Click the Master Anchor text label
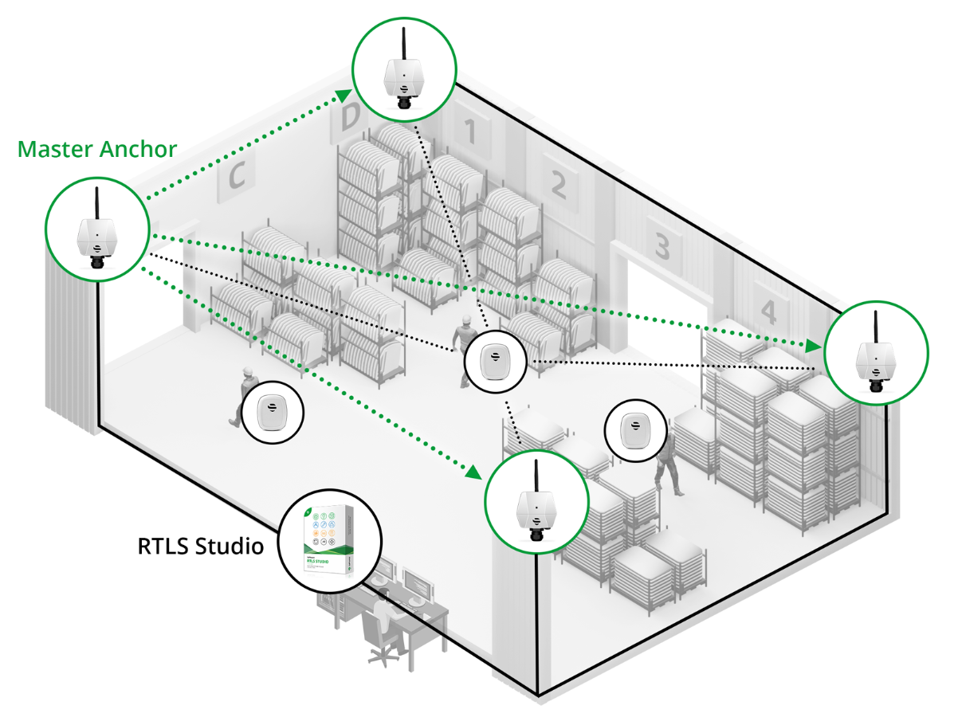(x=97, y=149)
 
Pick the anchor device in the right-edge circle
(x=876, y=362)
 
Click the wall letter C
(x=236, y=175)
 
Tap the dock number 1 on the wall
(x=470, y=131)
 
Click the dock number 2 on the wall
(x=558, y=184)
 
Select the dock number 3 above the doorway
(x=662, y=246)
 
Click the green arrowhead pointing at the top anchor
(x=344, y=96)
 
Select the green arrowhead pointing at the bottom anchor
(x=474, y=472)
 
